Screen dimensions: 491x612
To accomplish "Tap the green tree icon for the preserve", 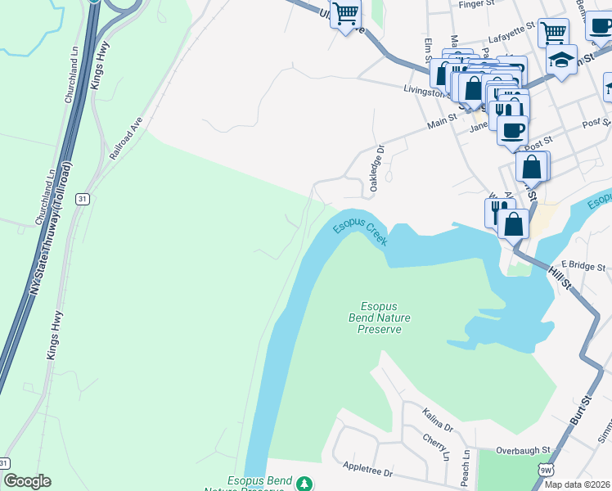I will [x=304, y=484].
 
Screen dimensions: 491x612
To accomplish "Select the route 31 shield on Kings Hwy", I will [x=81, y=199].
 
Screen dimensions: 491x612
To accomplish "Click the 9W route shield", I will [x=546, y=470].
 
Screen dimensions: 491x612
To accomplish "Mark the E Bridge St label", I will [x=583, y=267].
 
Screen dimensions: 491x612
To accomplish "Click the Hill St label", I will [x=561, y=276].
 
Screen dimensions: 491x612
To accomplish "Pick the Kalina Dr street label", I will [x=438, y=421].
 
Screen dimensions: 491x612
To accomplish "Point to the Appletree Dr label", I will [x=369, y=472].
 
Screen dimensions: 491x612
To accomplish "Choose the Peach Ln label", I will [x=466, y=466].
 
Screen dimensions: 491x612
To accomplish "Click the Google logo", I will [x=27, y=481].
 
